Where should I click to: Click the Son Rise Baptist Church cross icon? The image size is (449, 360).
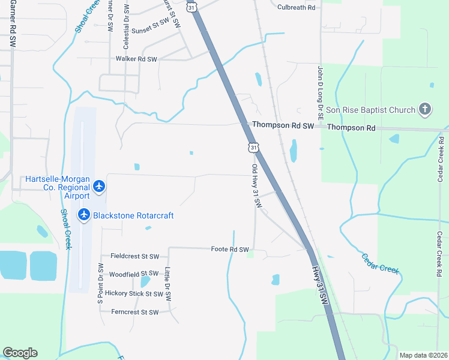click(x=425, y=110)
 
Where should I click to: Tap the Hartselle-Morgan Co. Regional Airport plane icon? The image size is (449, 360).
click(x=99, y=187)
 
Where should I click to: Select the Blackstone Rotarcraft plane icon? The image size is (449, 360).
click(x=84, y=215)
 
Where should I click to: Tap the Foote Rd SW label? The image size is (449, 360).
click(x=229, y=249)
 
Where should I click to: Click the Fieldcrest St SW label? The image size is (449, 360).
click(x=130, y=256)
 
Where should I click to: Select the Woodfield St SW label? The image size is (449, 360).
click(x=130, y=274)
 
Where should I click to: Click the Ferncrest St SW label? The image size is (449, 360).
click(x=135, y=312)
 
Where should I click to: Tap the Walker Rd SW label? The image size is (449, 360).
click(x=136, y=59)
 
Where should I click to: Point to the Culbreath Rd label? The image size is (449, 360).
click(x=297, y=7)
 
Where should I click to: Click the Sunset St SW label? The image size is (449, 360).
click(x=151, y=29)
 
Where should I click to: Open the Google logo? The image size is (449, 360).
click(x=20, y=353)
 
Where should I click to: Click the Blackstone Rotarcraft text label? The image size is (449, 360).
click(x=133, y=215)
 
